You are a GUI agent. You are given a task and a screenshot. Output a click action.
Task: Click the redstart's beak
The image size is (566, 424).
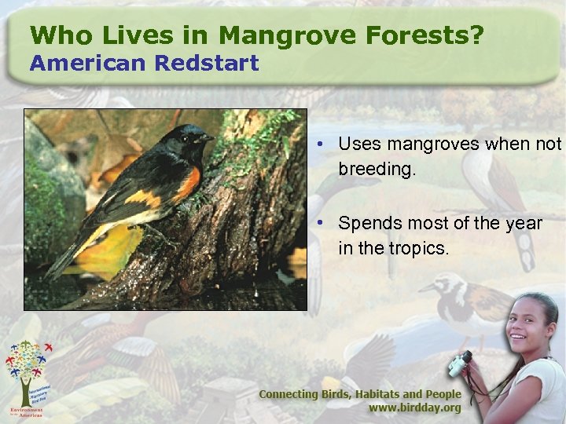coord(208,138)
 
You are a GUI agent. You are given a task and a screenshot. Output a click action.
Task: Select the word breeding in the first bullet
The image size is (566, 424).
coord(375,169)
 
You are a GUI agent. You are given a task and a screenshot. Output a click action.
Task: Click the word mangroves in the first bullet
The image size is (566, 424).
coord(425,144)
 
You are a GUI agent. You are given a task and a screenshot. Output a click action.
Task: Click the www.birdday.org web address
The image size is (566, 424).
coord(414,408)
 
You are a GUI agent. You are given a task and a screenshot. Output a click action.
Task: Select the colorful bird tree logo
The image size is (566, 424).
coord(30,368)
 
